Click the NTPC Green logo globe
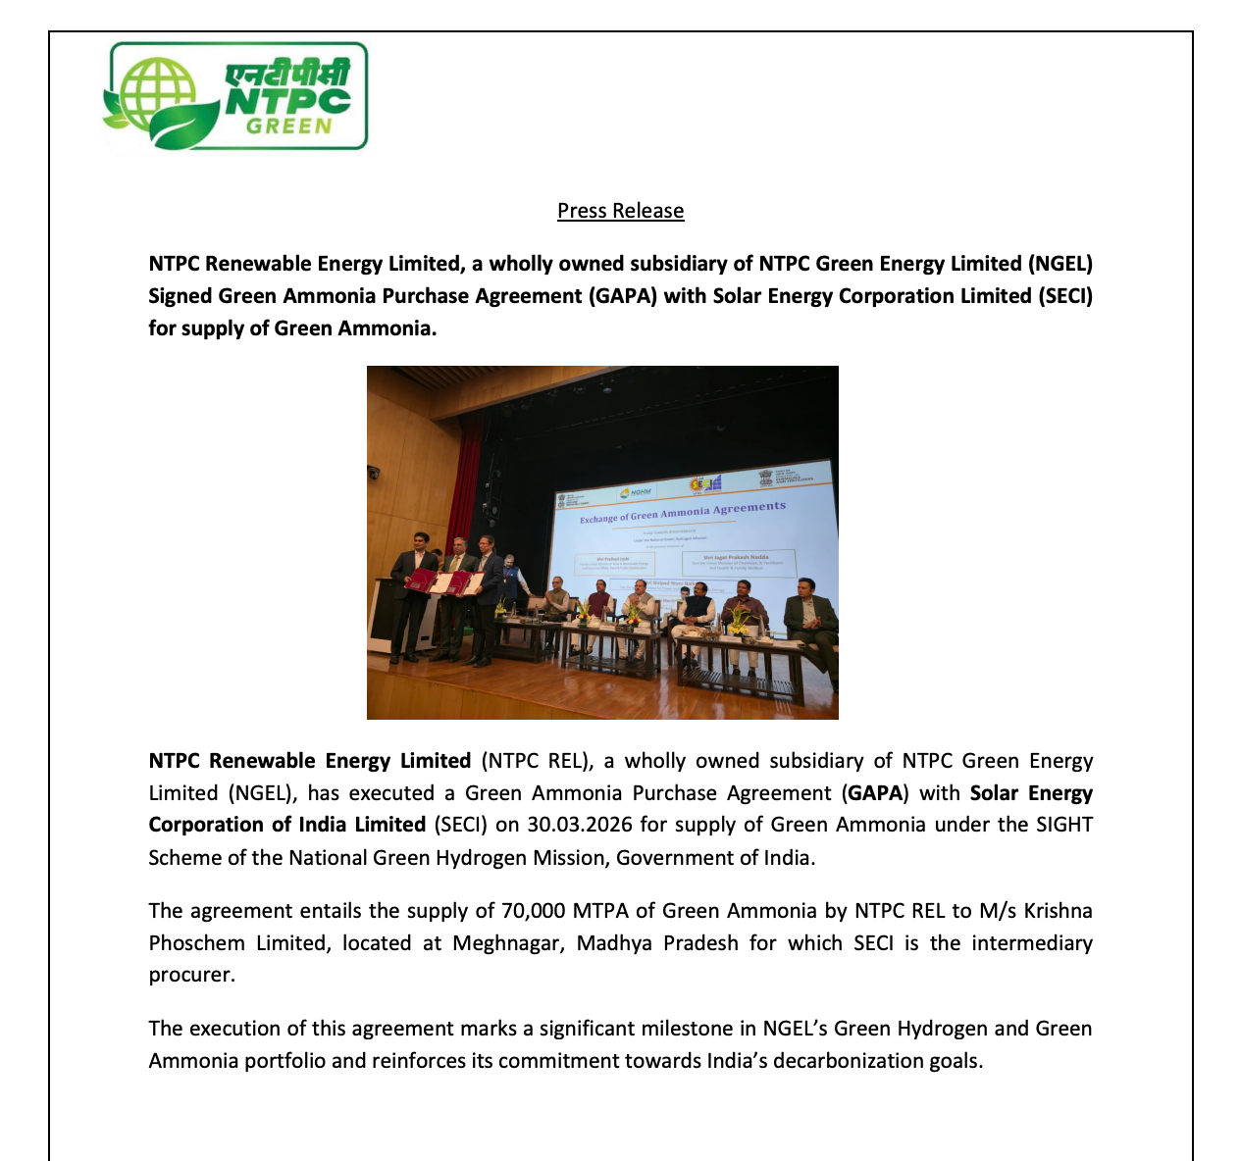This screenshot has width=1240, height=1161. [x=147, y=96]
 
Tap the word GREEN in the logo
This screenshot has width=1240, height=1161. [x=288, y=126]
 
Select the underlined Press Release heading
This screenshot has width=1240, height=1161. [x=620, y=211]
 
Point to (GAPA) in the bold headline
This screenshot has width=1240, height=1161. [x=623, y=296]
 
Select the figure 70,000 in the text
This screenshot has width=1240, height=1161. [x=533, y=911]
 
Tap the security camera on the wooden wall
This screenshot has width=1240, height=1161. [x=374, y=472]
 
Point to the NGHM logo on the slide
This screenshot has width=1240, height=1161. [x=636, y=492]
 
